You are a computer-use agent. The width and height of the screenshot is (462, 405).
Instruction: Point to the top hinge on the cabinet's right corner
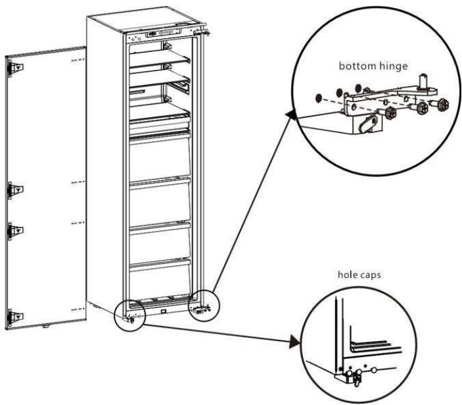pos(205,30)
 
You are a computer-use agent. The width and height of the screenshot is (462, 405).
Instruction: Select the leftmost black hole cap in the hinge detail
pos(318,97)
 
